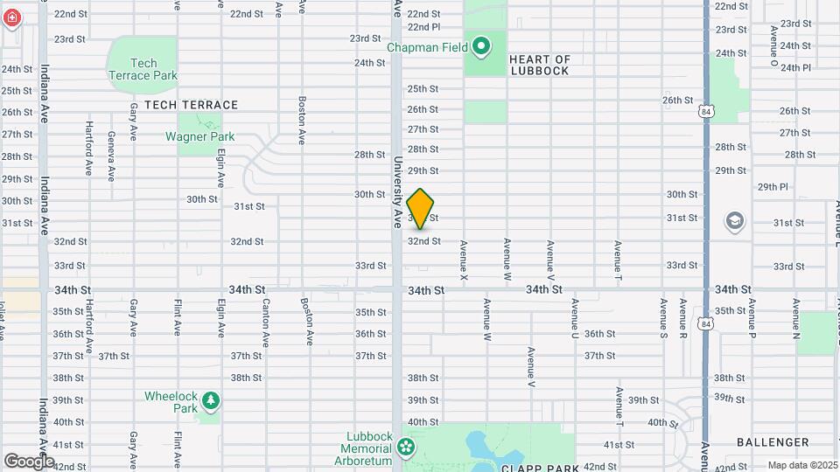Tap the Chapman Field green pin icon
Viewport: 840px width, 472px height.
[x=481, y=45]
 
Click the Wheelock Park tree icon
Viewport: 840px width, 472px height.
[x=210, y=401]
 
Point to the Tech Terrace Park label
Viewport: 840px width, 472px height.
[x=143, y=69]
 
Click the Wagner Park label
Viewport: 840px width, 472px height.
[x=200, y=136]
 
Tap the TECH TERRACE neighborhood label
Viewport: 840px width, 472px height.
[x=191, y=105]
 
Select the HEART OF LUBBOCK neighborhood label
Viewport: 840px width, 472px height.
[x=539, y=66]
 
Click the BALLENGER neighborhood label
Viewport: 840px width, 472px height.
[x=772, y=442]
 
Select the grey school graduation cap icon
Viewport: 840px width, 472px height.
[x=735, y=222]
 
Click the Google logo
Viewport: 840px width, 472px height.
[x=29, y=461]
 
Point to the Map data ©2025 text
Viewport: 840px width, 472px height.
[x=801, y=465]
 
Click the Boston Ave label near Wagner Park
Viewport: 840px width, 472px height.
[x=303, y=120]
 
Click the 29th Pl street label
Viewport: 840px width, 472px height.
[x=773, y=186]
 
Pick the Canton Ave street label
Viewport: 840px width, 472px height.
[x=265, y=322]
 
